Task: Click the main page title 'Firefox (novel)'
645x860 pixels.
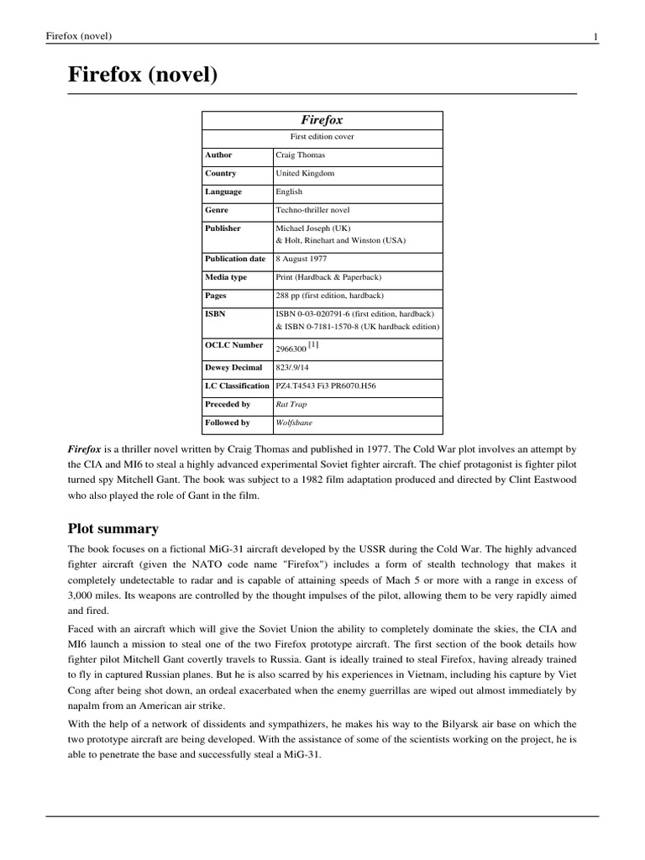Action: coord(142,76)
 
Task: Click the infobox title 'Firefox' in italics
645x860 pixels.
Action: coord(322,120)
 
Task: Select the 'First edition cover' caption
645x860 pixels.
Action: coord(322,137)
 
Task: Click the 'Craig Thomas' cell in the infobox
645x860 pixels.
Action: coord(300,155)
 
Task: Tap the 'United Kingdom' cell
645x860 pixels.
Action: coord(305,174)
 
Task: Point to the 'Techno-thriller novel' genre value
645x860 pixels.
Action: coord(313,210)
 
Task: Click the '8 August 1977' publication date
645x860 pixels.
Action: coord(302,259)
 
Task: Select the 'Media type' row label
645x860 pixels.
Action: coord(226,277)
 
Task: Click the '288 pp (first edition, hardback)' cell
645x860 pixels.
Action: coord(329,296)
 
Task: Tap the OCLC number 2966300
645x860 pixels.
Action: coord(291,348)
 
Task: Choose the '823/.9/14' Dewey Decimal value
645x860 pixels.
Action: coord(293,368)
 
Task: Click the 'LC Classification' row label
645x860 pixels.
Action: coord(238,386)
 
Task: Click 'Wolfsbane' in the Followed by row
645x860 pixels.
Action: coord(294,423)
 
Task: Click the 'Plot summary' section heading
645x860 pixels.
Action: coord(113,529)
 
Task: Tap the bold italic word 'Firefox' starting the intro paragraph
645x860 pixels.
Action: coord(83,449)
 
